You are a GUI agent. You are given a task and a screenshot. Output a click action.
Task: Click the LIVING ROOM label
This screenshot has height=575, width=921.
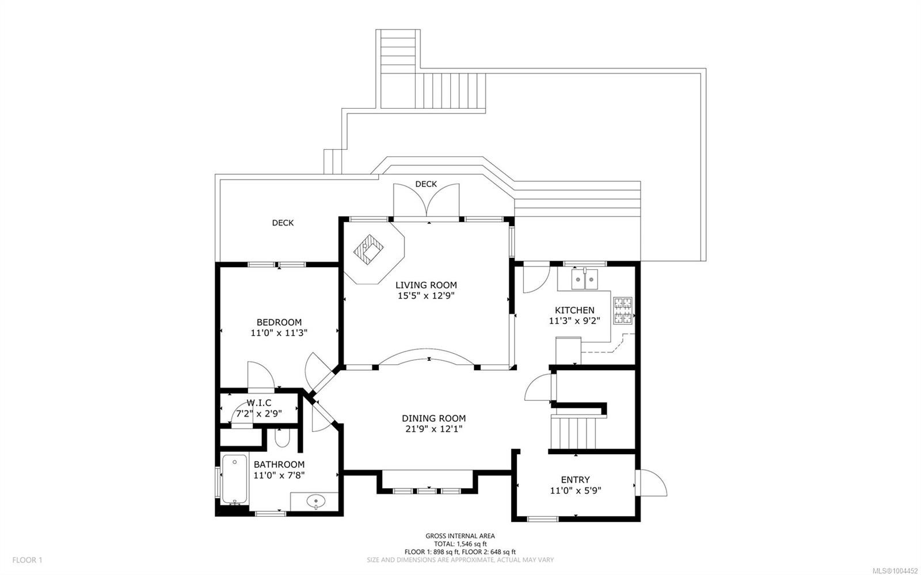pyautogui.click(x=426, y=285)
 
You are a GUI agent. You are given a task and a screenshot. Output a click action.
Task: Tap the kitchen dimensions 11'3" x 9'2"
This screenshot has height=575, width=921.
pyautogui.click(x=574, y=321)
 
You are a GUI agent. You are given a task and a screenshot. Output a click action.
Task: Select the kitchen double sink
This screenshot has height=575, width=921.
pyautogui.click(x=584, y=280)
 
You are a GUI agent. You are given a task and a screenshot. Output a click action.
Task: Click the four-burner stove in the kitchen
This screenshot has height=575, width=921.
pyautogui.click(x=622, y=311)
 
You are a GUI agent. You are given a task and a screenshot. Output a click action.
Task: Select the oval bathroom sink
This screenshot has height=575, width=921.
pyautogui.click(x=315, y=501)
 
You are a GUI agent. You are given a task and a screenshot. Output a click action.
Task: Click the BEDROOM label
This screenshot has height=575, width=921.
pyautogui.click(x=279, y=322)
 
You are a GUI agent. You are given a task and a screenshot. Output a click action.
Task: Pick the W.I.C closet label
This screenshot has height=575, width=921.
pyautogui.click(x=258, y=403)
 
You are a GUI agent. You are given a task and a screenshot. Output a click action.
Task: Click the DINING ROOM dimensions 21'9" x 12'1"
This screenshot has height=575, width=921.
pyautogui.click(x=433, y=429)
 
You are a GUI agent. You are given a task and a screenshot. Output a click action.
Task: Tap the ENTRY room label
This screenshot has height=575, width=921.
pyautogui.click(x=575, y=480)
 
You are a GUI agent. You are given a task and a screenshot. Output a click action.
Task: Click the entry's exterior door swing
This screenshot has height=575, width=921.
pyautogui.click(x=652, y=483)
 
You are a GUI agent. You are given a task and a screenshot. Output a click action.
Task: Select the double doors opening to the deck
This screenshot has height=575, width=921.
pyautogui.click(x=427, y=201)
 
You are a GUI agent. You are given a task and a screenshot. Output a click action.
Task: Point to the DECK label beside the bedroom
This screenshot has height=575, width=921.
pyautogui.click(x=283, y=223)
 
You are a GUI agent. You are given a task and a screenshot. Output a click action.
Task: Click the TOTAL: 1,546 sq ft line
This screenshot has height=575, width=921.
pyautogui.click(x=460, y=544)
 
